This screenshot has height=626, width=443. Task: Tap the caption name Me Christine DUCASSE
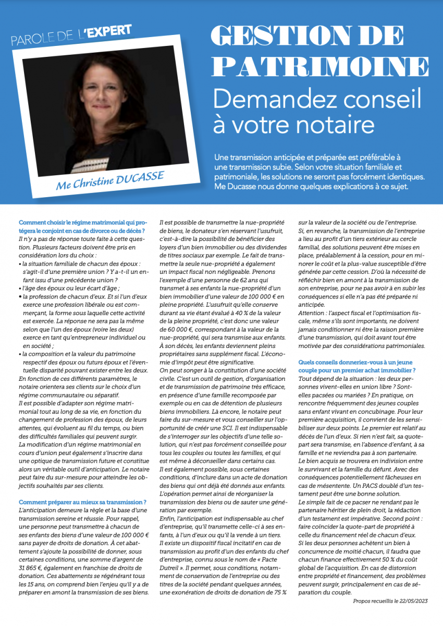[x=110, y=180]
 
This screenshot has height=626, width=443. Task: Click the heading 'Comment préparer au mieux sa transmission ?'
[x=83, y=502]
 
